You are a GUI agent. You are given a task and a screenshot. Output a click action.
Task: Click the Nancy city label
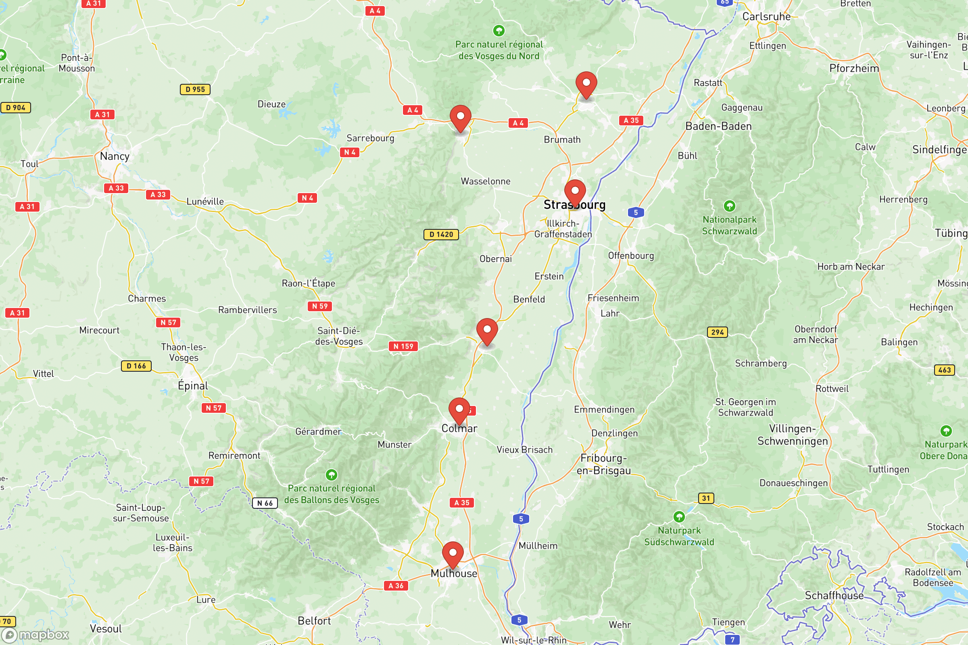pos(115,156)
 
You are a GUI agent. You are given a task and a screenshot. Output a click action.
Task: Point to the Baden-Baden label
pos(718,126)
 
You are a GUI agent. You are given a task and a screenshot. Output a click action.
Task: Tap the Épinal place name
pos(193,386)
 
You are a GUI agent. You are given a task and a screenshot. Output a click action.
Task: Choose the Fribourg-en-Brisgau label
pos(603,464)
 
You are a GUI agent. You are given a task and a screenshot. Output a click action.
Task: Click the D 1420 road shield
pos(441,235)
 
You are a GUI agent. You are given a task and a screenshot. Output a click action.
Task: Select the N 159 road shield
pos(403,346)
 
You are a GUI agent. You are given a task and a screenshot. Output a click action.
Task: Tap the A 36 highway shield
pos(396,585)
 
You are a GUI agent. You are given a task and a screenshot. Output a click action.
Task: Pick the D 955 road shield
pos(195,89)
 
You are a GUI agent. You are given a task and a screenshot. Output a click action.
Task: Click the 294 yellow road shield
pos(717,332)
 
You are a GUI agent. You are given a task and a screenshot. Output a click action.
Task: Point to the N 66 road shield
pos(265,503)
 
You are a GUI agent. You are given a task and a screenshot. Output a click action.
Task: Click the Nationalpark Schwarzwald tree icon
pos(729,206)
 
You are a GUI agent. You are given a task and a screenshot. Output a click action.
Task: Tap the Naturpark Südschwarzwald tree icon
pos(679,517)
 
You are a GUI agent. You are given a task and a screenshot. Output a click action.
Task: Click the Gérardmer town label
pos(318,431)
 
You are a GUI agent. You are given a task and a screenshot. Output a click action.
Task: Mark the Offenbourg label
pos(630,256)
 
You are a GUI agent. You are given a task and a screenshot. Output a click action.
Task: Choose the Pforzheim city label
pos(854,68)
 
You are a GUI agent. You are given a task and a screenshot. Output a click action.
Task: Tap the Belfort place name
pos(314,621)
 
